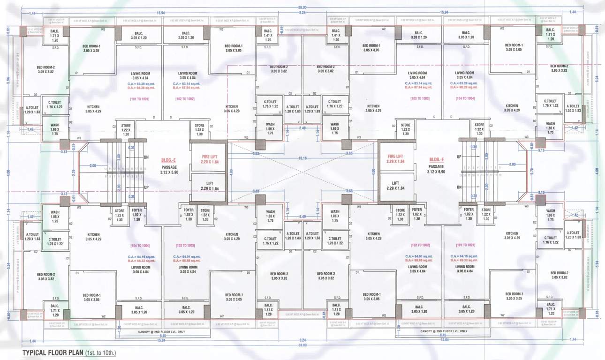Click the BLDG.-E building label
click(167, 159)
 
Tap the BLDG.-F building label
click(436, 159)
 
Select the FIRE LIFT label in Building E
click(208, 156)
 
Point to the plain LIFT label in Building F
click(395, 182)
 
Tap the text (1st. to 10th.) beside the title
click(100, 352)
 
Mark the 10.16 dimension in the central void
click(302, 158)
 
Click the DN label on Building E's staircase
click(146, 157)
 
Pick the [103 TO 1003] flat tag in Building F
click(419, 98)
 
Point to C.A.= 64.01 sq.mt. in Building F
click(420, 256)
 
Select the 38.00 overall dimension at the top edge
click(302, 7)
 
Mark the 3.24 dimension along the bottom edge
click(302, 339)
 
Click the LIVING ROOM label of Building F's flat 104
click(464, 75)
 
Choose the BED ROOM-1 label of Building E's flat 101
click(92, 48)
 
